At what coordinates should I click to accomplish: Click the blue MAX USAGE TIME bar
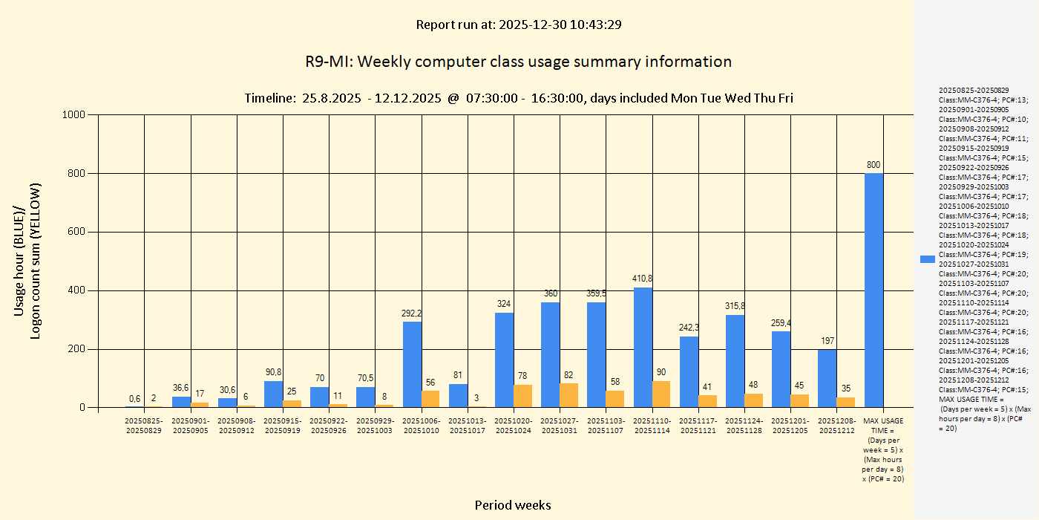click(874, 290)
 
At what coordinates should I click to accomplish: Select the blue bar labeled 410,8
click(643, 347)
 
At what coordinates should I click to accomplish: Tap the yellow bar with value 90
click(661, 394)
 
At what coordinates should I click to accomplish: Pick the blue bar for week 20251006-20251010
click(412, 364)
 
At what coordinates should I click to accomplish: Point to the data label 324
click(504, 303)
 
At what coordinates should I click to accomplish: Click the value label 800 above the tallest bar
click(874, 164)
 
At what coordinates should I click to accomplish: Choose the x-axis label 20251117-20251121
click(698, 425)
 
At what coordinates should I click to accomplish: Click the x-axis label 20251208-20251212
click(836, 425)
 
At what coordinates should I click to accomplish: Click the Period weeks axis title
click(513, 505)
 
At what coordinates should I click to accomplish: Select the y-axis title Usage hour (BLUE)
click(20, 261)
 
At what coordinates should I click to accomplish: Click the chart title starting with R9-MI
click(518, 62)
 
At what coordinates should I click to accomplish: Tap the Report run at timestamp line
click(518, 25)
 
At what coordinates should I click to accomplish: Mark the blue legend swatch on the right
click(927, 259)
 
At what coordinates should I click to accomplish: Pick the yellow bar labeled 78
click(522, 396)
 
